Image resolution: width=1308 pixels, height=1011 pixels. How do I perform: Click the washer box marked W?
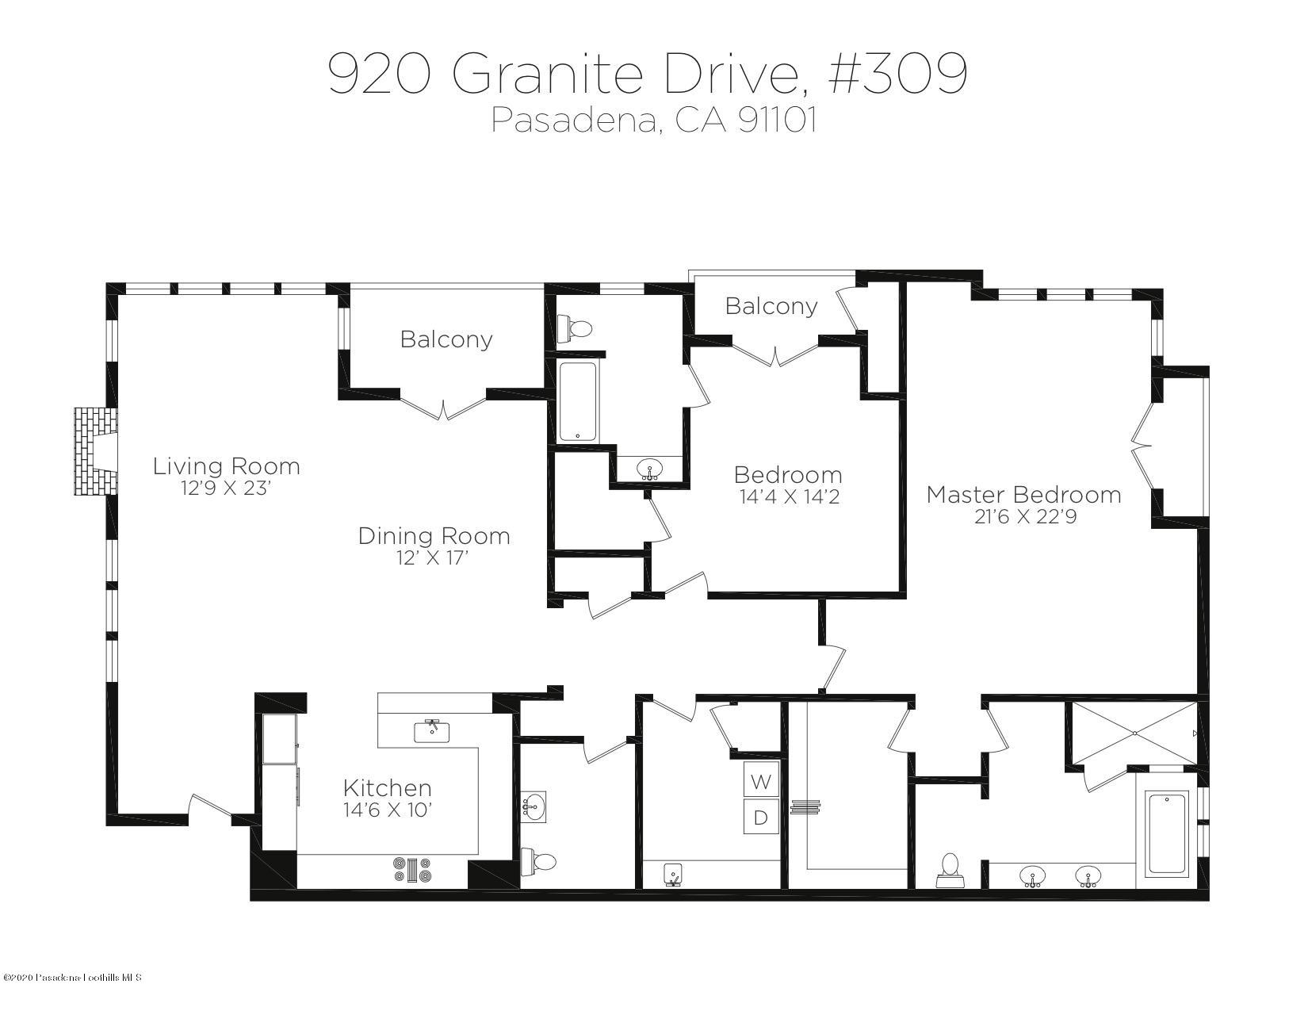coord(761,782)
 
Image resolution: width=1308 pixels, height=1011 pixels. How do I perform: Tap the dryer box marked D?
coord(761,818)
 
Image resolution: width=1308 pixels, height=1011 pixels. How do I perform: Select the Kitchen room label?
coord(387,788)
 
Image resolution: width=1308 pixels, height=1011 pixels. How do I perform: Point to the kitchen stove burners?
coord(412,870)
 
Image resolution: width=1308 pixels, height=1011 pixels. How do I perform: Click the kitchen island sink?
coord(432,730)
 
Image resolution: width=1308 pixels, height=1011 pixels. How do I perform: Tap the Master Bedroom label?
coord(1023,495)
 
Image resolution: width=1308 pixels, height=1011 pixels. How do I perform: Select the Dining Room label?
coord(434,536)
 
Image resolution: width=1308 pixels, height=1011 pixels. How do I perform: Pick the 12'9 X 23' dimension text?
coord(226,488)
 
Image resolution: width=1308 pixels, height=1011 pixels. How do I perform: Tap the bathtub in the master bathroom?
coord(1167,833)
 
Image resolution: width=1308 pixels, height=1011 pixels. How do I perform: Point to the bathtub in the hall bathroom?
coord(579,401)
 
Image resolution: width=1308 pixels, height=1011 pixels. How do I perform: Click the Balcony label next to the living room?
coord(446,339)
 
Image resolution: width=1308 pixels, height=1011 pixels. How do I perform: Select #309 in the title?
coord(897,73)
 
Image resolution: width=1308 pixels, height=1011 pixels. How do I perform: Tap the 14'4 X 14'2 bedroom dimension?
coord(788,498)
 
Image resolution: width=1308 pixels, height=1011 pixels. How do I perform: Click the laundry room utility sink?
coord(674,875)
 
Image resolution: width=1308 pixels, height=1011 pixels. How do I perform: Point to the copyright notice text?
coord(72,978)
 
